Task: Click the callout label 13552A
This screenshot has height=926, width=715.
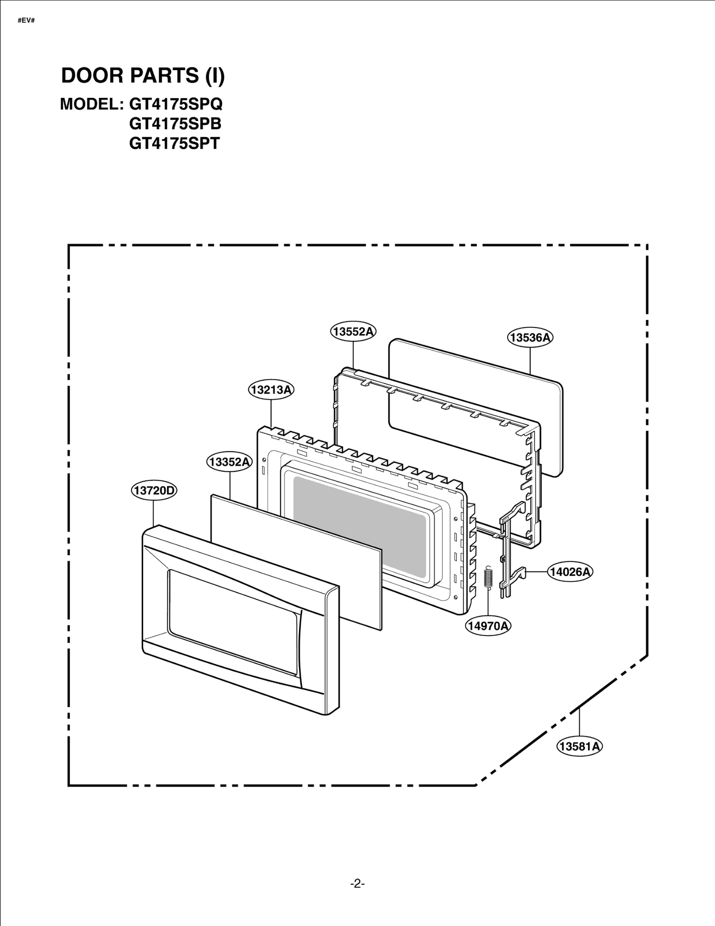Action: (353, 331)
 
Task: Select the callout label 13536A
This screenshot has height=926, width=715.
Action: (530, 337)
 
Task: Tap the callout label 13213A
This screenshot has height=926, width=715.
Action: (271, 390)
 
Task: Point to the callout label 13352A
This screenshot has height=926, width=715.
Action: (229, 462)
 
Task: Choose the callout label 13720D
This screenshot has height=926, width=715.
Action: (154, 490)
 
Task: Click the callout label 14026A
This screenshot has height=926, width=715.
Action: (570, 571)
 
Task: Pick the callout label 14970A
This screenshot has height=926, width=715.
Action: (488, 626)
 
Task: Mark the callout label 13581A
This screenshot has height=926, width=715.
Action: (580, 746)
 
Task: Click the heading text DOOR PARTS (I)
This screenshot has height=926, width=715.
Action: (143, 75)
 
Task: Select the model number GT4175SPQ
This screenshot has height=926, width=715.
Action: (176, 104)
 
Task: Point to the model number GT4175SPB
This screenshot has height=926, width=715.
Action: (175, 124)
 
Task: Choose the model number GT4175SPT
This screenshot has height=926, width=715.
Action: (174, 143)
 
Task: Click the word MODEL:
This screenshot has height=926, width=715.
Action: (92, 104)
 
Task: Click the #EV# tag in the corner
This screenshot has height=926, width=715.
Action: (26, 21)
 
